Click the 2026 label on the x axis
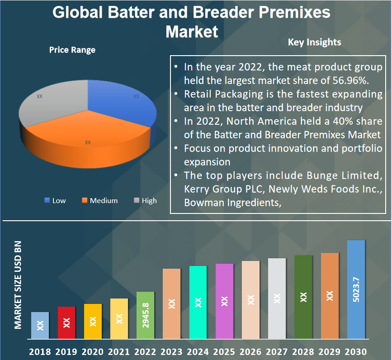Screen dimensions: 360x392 point(250,351)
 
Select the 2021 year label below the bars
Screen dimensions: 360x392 point(119,351)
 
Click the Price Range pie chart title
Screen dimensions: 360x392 point(72,50)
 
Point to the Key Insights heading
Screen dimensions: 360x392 point(314,42)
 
